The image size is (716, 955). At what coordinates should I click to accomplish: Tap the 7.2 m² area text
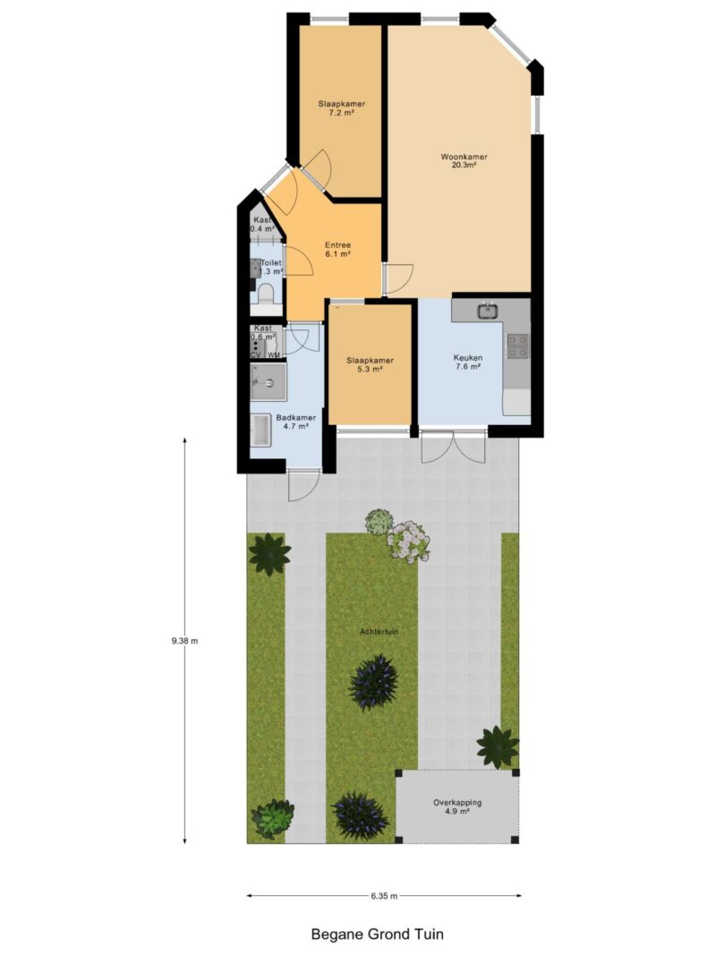[341, 115]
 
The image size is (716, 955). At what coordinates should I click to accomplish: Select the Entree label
[337, 244]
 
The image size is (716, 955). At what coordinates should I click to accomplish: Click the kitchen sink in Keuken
[487, 311]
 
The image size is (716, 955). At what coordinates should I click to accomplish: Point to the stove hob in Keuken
[517, 345]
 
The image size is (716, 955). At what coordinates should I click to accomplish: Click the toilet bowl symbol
[266, 294]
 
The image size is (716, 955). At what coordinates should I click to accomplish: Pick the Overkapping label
[457, 803]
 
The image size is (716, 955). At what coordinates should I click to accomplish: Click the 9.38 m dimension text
[184, 640]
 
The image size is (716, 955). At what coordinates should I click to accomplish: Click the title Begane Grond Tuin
[377, 934]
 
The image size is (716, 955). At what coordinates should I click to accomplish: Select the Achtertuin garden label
[378, 632]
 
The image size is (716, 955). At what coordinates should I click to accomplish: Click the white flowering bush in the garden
[409, 541]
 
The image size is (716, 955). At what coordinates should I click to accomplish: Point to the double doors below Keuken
[454, 447]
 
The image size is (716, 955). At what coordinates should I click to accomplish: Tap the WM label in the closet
[273, 355]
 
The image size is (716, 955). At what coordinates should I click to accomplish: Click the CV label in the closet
[256, 355]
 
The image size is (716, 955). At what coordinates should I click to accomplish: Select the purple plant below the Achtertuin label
[373, 682]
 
